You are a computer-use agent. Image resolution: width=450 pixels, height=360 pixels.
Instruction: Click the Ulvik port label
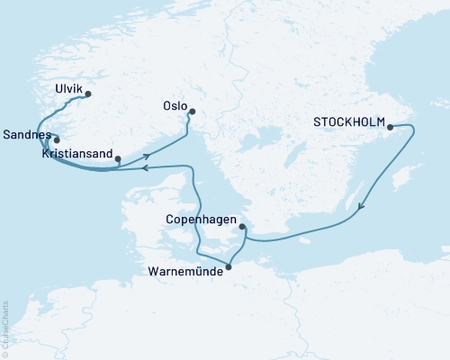point(67,91)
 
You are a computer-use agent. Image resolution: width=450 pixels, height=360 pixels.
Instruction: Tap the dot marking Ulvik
point(88,92)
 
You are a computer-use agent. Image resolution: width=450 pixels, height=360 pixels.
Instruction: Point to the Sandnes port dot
point(56,139)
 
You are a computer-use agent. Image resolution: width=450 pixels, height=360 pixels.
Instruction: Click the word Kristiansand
point(77,155)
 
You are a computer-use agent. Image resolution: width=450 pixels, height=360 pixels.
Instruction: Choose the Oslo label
point(173,103)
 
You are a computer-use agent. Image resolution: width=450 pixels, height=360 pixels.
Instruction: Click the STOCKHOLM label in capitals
point(348,121)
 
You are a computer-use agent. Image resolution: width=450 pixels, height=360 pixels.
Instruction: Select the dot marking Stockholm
point(391,127)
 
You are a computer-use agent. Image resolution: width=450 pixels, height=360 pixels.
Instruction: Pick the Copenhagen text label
point(201,219)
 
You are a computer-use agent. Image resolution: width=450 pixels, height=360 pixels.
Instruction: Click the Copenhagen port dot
point(242,228)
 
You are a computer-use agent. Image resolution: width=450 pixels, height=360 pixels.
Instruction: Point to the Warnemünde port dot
point(228,265)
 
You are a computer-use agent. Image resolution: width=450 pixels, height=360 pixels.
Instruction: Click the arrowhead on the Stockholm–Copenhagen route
point(361,209)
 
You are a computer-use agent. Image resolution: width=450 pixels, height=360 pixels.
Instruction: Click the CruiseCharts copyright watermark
point(5,325)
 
